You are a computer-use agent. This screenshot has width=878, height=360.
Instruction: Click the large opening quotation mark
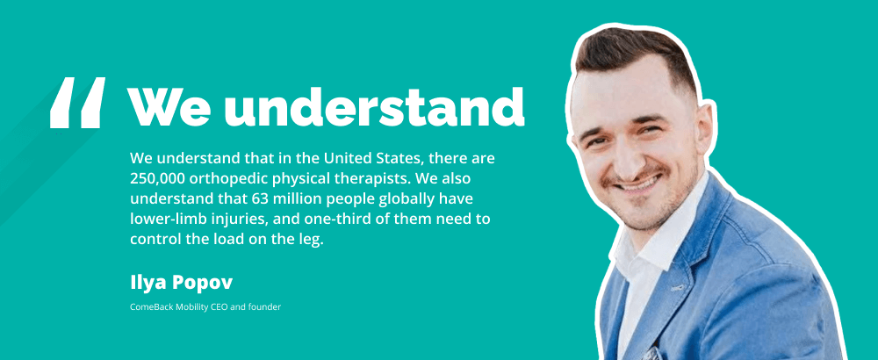[77, 103]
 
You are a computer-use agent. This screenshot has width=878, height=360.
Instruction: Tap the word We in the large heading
[169, 106]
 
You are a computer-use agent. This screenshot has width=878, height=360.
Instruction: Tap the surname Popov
[201, 284]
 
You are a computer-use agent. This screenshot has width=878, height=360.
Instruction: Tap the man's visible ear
[703, 132]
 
